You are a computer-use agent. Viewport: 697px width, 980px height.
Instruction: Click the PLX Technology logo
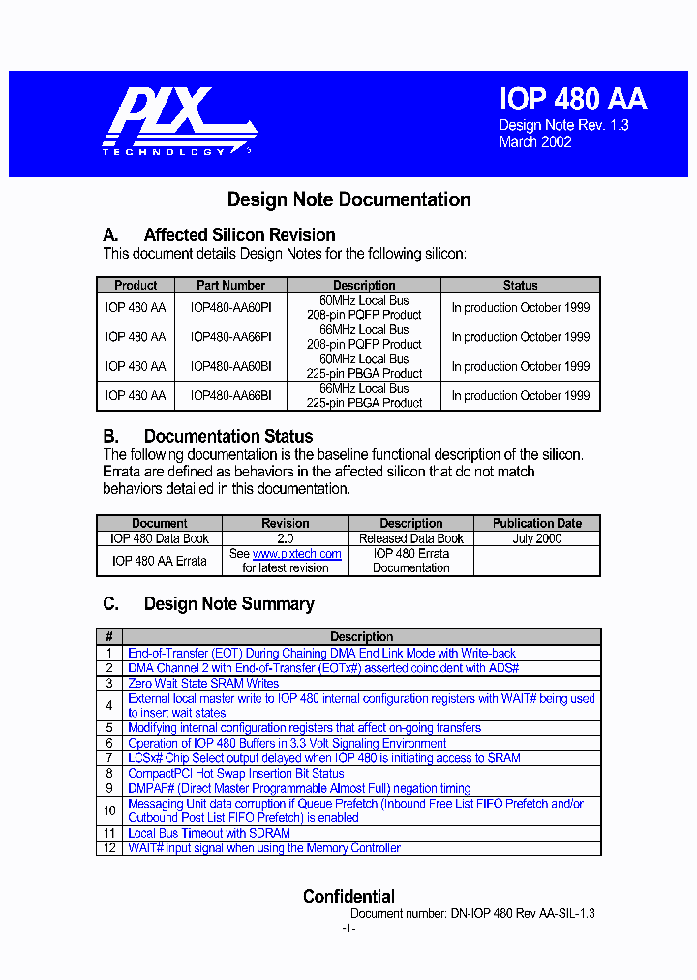pos(178,121)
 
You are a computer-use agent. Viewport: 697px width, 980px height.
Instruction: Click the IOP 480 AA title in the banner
pos(572,99)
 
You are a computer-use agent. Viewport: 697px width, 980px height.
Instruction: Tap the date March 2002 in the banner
pos(535,142)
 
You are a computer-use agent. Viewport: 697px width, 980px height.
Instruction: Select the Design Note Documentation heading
pos(348,199)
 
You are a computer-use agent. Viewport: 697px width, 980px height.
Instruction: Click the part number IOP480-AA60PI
pos(230,308)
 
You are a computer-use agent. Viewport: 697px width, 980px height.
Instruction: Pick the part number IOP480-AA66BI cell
pos(230,395)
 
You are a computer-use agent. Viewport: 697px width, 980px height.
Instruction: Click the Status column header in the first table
pos(520,286)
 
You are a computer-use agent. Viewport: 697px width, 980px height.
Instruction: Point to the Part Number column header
pos(230,286)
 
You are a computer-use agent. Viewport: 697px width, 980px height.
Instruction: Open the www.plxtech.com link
pos(296,554)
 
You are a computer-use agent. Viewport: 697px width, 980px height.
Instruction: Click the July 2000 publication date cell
pos(536,538)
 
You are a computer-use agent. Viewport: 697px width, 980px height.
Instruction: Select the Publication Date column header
pos(536,523)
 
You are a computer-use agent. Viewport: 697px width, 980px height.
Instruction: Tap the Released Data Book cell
pos(410,538)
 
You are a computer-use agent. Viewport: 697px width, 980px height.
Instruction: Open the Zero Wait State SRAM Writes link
pos(203,683)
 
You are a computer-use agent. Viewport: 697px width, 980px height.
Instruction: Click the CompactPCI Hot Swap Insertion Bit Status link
pos(235,774)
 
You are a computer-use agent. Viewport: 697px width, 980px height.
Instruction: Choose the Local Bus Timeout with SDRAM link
pos(208,833)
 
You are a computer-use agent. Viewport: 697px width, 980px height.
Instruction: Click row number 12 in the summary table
pos(109,848)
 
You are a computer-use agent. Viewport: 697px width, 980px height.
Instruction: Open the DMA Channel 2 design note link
pos(323,668)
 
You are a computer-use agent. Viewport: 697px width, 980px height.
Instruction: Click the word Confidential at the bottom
pos(348,896)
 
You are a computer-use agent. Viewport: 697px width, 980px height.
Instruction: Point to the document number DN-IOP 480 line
pos(472,913)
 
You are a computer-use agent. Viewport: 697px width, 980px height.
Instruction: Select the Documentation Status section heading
pos(227,436)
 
